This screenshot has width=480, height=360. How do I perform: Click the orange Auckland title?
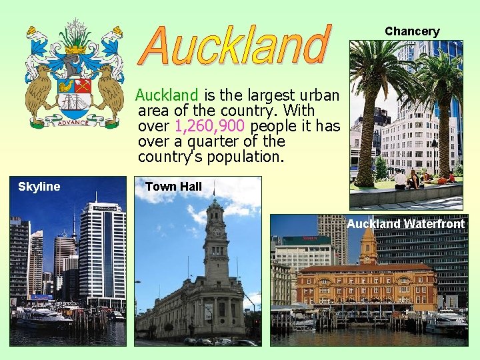point(237,45)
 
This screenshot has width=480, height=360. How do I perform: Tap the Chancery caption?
point(412,31)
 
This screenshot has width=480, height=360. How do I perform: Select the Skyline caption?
point(39,187)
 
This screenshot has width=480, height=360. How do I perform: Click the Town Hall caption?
point(173,187)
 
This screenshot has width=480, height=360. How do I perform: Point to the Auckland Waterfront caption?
point(405,224)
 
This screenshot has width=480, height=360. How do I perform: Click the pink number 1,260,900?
point(210,126)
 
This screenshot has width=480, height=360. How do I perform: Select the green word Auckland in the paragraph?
point(167,95)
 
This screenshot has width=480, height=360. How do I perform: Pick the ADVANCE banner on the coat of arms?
point(73,122)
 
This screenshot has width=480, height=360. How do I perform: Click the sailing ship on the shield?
point(73,101)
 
